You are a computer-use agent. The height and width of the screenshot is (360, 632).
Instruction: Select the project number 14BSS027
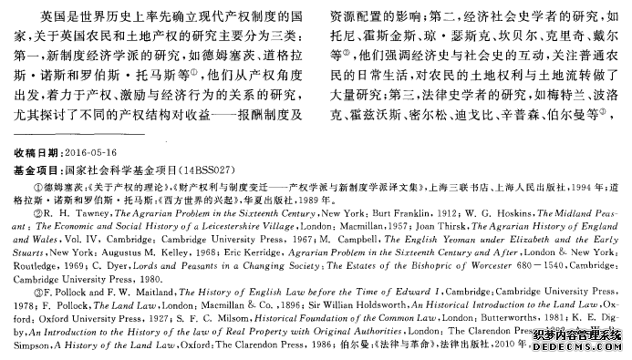(220, 170)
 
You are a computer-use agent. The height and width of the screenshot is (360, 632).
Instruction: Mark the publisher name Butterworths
(510, 333)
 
